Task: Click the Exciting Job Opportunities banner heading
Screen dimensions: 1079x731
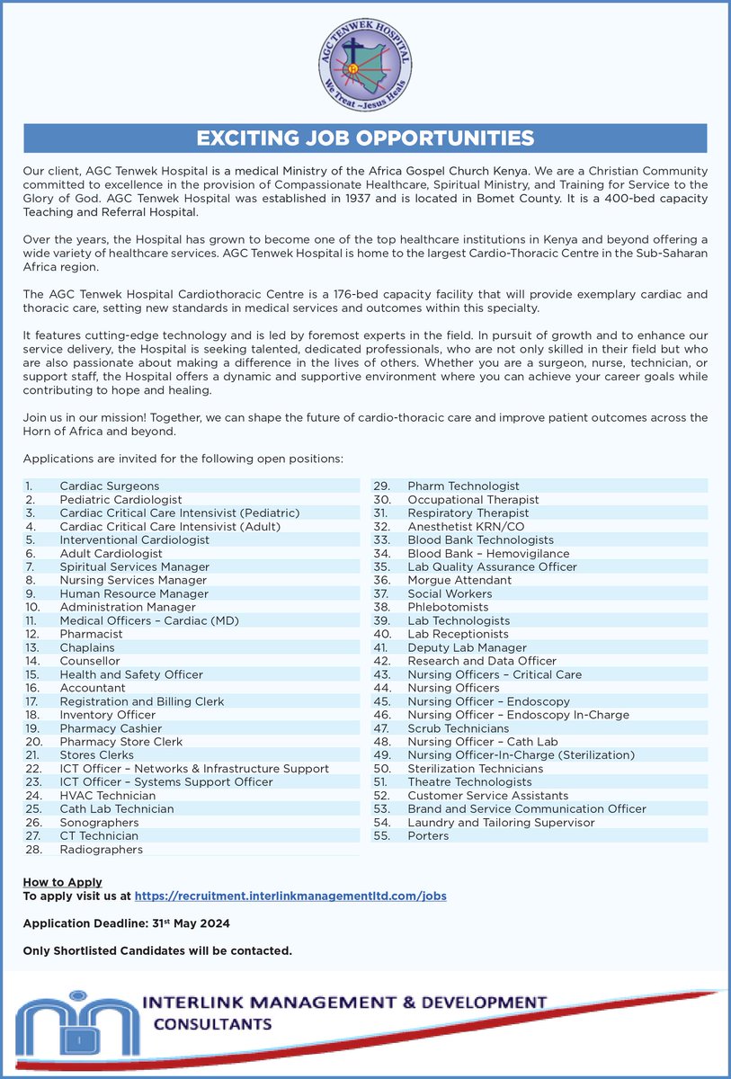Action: coord(365,138)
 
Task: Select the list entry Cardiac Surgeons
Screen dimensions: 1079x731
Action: coord(109,486)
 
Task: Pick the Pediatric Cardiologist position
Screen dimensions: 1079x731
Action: coord(120,500)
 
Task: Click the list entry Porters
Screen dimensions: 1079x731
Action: coord(428,836)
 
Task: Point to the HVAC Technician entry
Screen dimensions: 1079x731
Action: coord(107,796)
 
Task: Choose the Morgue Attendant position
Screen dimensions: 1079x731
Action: coord(459,581)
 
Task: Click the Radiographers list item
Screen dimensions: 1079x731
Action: coord(101,850)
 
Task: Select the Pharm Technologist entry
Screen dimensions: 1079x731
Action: coord(463,486)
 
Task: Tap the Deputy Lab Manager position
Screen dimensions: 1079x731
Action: coord(467,647)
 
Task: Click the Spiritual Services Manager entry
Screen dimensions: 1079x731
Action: coord(134,567)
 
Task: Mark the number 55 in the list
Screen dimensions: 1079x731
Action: coord(381,836)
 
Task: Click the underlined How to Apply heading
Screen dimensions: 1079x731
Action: coord(62,882)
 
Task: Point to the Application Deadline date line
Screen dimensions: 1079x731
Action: coord(126,923)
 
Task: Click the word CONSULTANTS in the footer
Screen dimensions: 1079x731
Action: coord(212,1024)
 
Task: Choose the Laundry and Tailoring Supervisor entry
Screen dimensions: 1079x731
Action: coord(501,823)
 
